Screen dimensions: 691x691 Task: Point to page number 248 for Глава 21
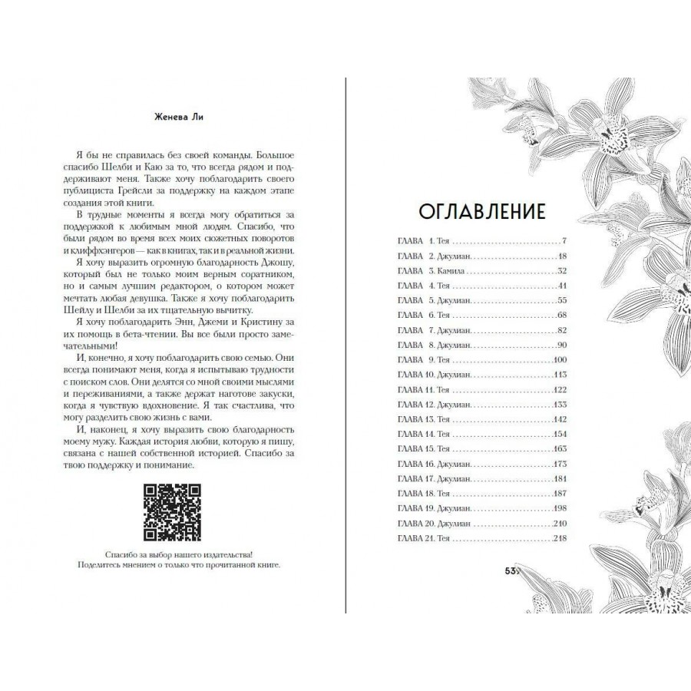(558, 539)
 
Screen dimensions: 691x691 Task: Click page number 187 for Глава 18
(558, 494)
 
